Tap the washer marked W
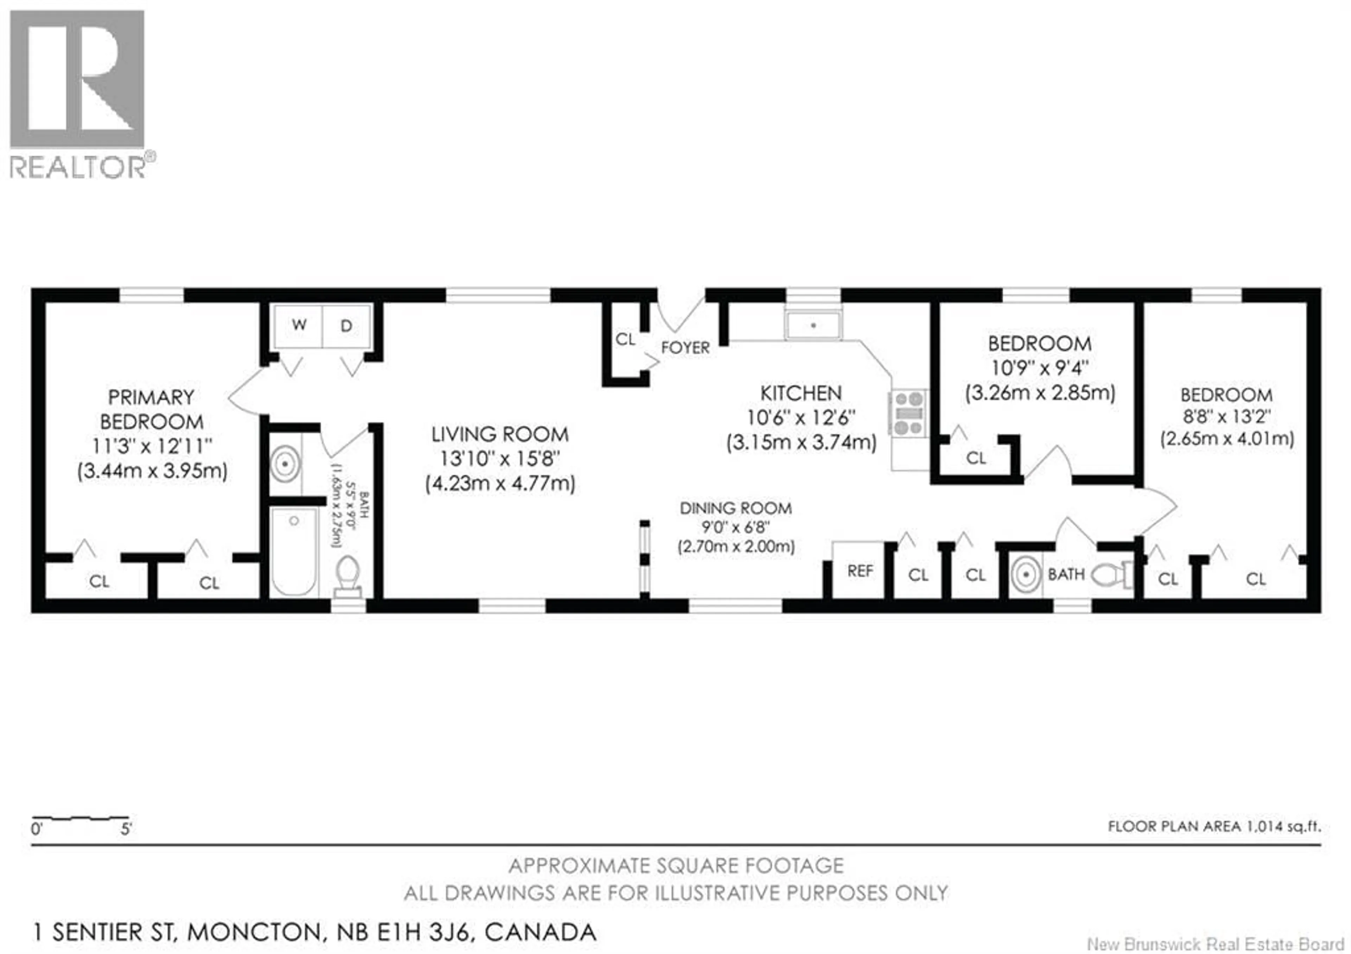click(298, 326)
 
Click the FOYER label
click(685, 348)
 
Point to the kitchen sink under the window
click(813, 326)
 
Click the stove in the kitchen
click(908, 414)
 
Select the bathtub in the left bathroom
click(294, 552)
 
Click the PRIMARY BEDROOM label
click(151, 410)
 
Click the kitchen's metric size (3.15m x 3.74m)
click(801, 442)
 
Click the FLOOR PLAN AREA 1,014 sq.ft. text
click(1214, 826)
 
